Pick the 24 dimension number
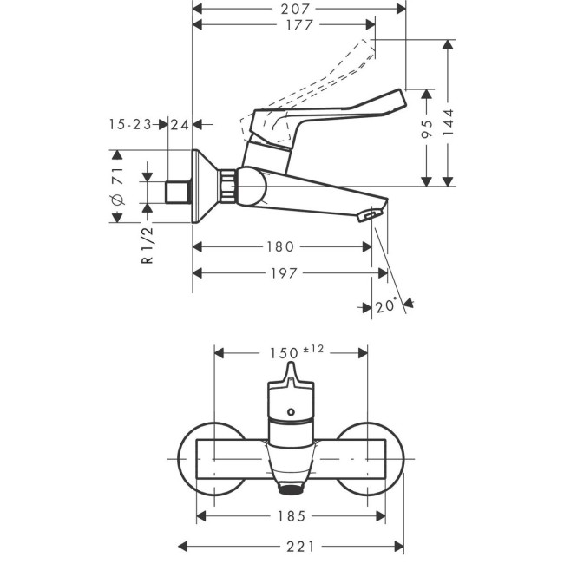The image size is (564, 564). (180, 125)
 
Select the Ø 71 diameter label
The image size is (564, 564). (119, 187)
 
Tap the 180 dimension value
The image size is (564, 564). (282, 247)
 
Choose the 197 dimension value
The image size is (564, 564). (283, 273)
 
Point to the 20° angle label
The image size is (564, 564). (387, 305)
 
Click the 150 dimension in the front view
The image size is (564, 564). (279, 353)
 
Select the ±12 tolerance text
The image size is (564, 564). (312, 350)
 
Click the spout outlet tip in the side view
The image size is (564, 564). (371, 214)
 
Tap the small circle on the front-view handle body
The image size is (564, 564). (292, 412)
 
